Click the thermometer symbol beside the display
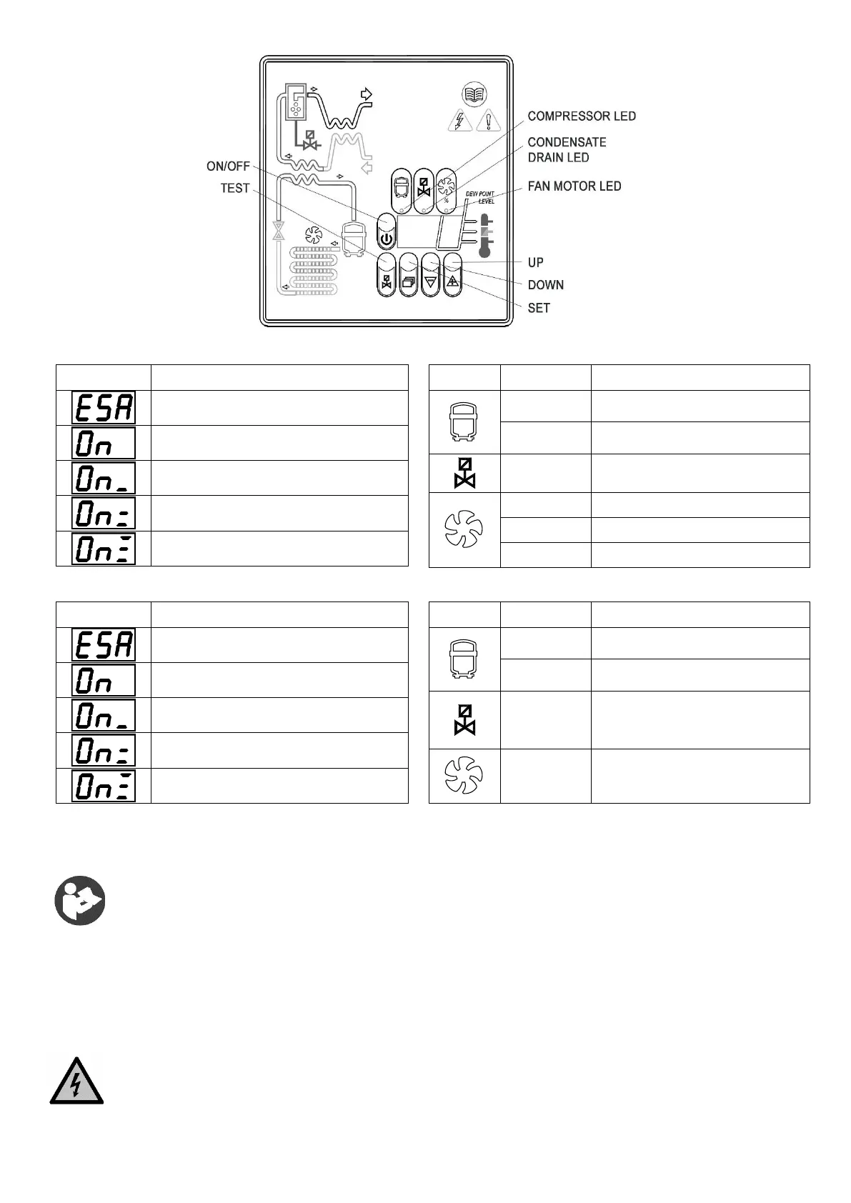tap(486, 236)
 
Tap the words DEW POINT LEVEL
tap(480, 197)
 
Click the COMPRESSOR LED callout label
tap(581, 116)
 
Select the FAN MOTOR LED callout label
tap(574, 186)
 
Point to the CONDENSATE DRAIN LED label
tap(567, 149)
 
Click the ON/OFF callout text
tap(228, 166)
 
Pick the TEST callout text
tap(235, 188)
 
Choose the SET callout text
tap(539, 308)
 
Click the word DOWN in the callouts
tap(545, 285)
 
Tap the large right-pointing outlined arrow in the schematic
tap(367, 94)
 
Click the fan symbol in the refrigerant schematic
tap(312, 234)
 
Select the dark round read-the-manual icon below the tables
tap(80, 900)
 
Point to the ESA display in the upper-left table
tap(104, 408)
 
